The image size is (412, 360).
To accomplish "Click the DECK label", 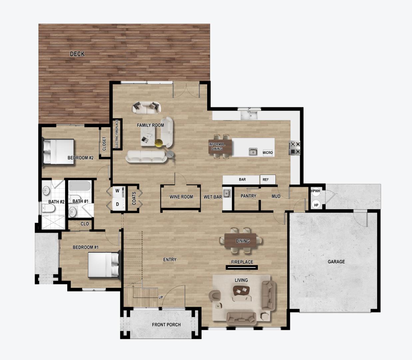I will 77,54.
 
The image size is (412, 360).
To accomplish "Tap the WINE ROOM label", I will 181,197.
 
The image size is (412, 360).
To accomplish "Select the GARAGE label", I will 336,262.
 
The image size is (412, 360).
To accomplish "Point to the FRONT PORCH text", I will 166,325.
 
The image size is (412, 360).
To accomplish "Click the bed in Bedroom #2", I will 58,151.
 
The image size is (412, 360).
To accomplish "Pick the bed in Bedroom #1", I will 103,265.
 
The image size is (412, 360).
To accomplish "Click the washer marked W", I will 118,191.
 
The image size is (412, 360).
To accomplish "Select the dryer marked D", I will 118,204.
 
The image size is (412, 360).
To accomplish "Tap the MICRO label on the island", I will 267,153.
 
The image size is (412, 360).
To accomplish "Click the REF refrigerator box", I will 266,180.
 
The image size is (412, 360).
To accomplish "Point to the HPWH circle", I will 315,191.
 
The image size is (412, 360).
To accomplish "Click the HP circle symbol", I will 316,205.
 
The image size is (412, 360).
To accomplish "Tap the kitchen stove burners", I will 295,148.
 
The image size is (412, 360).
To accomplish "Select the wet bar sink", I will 227,193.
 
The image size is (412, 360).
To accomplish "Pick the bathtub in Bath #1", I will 80,186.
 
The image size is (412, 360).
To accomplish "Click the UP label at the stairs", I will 161,297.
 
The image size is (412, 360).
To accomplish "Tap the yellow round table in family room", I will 159,143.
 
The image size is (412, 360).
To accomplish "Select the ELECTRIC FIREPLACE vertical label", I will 117,134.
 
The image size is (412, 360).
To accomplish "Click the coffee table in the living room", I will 242,291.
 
